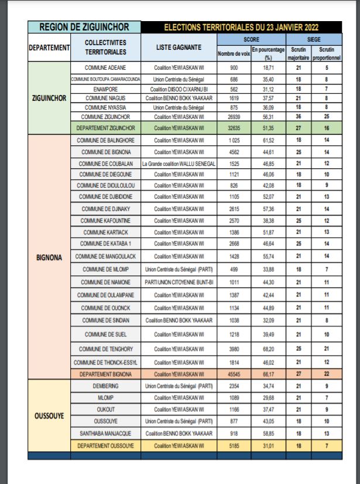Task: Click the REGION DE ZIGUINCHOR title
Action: (x=84, y=27)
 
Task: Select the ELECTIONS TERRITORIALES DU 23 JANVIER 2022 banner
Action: (x=242, y=27)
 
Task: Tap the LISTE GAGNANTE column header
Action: (x=179, y=47)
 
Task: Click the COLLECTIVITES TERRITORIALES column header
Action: (x=105, y=47)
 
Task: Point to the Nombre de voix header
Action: (x=234, y=54)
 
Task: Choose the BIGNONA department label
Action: (x=49, y=256)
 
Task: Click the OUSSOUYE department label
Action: (x=49, y=417)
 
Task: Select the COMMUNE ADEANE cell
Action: (x=105, y=68)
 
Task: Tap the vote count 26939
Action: (x=234, y=117)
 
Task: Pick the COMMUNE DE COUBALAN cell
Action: (x=105, y=163)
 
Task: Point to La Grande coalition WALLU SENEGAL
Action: (x=179, y=163)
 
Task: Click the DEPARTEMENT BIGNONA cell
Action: (x=105, y=374)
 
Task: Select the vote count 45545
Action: (x=234, y=374)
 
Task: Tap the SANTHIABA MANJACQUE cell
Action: (x=105, y=434)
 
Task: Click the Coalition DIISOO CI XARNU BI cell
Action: (x=179, y=88)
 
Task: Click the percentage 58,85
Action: (x=268, y=434)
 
